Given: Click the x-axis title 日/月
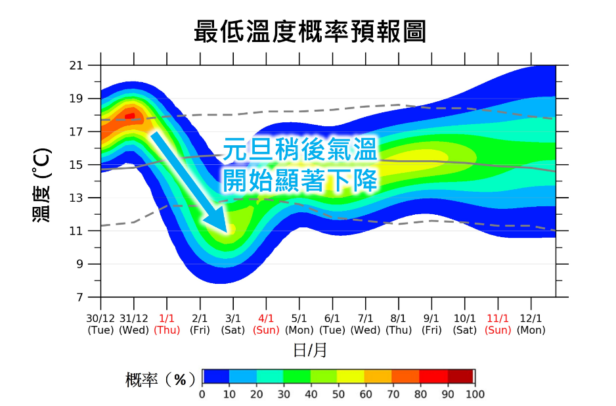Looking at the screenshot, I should click(x=310, y=350).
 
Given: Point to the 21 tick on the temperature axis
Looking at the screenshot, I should click(x=76, y=66).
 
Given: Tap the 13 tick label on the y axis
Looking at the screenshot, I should click(x=76, y=198).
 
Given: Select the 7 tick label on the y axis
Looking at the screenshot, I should click(x=79, y=297).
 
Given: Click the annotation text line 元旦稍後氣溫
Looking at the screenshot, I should click(x=300, y=150).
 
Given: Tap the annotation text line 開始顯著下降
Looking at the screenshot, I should click(x=300, y=179).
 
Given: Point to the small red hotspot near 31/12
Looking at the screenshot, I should click(x=130, y=116).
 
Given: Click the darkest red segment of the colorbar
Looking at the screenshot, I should click(x=461, y=376).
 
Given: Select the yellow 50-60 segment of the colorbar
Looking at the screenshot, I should click(x=351, y=376).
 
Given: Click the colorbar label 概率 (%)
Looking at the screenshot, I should click(x=160, y=380).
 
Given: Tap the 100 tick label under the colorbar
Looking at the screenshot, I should click(x=475, y=394).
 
